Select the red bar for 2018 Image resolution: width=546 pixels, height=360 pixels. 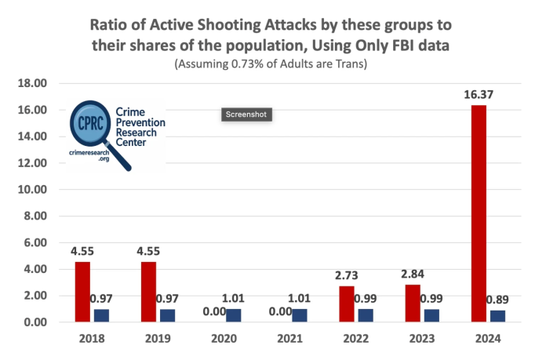click(x=83, y=292)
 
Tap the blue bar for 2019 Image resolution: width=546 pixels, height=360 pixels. click(x=168, y=315)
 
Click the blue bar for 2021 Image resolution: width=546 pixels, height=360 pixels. click(x=300, y=315)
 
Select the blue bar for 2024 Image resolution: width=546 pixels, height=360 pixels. click(x=497, y=316)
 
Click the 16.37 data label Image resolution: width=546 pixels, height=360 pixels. click(x=478, y=95)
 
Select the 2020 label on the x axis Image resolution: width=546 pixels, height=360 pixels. click(x=224, y=339)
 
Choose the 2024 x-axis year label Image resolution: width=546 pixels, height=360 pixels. click(x=487, y=339)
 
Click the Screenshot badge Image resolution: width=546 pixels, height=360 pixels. click(x=246, y=115)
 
